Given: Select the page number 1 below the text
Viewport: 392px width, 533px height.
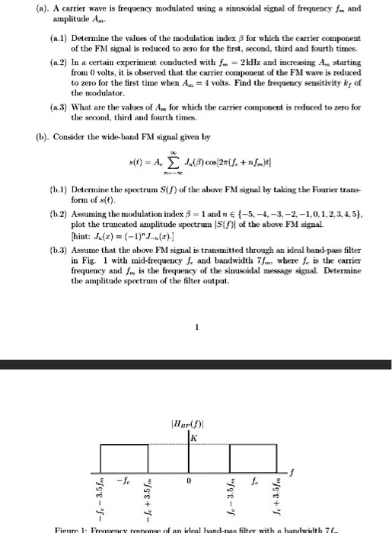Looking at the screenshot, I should coord(196,330).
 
